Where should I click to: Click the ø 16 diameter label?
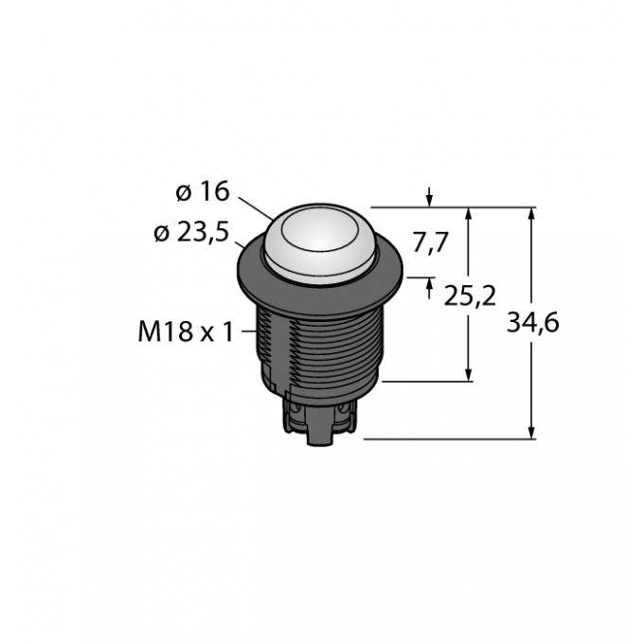[203, 191]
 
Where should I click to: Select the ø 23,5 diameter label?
[189, 234]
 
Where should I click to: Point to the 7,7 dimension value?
[430, 243]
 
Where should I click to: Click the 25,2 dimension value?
[470, 296]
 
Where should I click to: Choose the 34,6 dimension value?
[534, 324]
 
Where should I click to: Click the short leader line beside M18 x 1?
[250, 331]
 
